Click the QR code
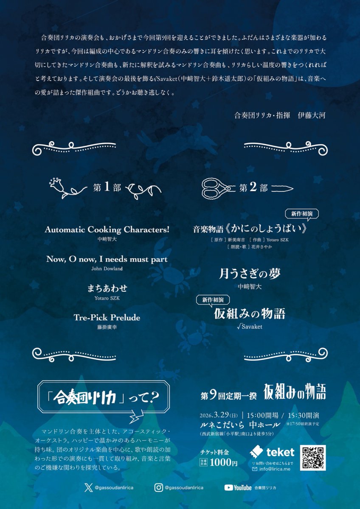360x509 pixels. (312, 458)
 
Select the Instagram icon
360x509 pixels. (158, 488)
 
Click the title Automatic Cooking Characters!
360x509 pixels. (107, 230)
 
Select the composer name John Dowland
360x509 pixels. (107, 268)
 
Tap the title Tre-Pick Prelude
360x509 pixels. (107, 317)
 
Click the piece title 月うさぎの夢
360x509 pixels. (250, 274)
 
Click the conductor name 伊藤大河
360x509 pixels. (312, 115)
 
